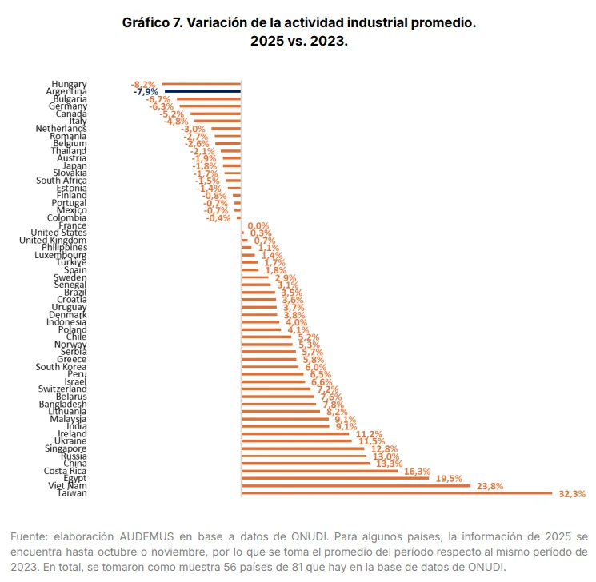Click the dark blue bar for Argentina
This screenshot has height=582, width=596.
201,91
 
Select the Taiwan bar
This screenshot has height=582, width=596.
396,493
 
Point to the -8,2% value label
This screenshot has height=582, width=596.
144,84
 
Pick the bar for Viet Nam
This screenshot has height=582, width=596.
367,485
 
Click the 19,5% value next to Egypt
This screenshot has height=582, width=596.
449,478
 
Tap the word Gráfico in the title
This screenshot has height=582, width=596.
148,23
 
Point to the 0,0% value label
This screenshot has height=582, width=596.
258,226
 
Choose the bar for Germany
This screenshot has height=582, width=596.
210,106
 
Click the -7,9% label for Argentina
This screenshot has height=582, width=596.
146,92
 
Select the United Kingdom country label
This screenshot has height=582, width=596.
53,240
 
